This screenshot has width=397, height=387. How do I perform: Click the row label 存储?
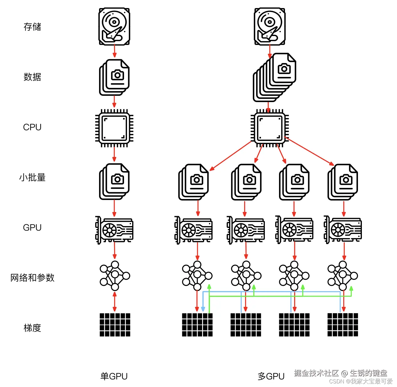click(x=32, y=27)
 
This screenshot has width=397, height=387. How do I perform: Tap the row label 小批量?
click(x=32, y=177)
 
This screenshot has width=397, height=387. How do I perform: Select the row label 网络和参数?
click(x=32, y=278)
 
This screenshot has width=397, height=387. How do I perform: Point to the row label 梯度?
click(x=32, y=328)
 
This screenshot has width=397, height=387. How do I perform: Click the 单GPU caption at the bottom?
click(x=114, y=376)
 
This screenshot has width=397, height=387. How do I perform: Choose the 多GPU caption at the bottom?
click(x=271, y=376)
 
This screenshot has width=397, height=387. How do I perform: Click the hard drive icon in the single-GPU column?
click(x=114, y=26)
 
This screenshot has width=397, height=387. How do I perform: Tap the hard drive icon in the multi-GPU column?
click(x=270, y=26)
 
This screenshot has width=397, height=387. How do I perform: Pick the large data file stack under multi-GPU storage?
click(x=274, y=77)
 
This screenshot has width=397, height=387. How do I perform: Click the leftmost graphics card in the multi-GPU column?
click(x=194, y=230)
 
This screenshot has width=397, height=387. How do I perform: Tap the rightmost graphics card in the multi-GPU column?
click(x=343, y=230)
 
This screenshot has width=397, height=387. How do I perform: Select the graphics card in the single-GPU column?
click(x=114, y=230)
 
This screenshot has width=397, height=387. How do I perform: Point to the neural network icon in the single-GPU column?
click(x=115, y=276)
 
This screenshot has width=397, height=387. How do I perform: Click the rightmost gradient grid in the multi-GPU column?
click(x=343, y=325)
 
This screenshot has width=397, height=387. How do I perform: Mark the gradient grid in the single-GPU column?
click(x=115, y=325)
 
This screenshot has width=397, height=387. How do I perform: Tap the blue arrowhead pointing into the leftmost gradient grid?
click(x=203, y=309)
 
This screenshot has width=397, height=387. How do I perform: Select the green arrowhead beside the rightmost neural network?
click(x=351, y=289)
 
